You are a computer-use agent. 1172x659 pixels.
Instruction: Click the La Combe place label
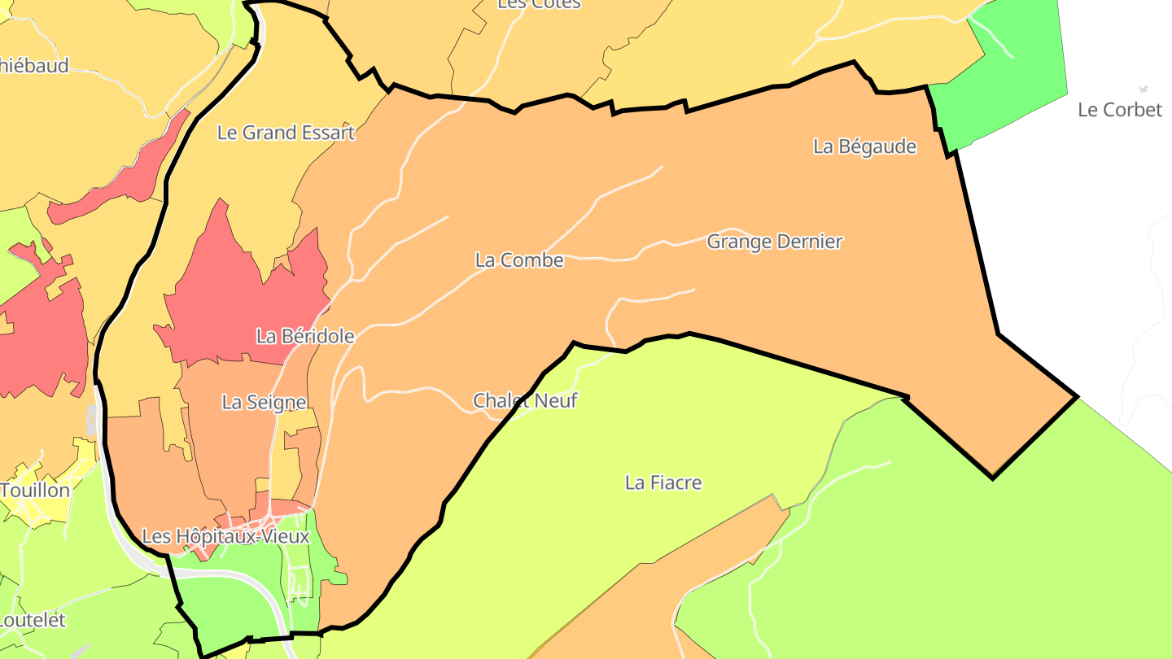pyautogui.click(x=519, y=260)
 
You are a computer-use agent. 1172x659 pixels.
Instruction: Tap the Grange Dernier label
pyautogui.click(x=774, y=242)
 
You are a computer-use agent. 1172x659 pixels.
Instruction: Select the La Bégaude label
pyautogui.click(x=864, y=146)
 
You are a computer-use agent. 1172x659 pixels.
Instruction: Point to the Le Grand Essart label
pyautogui.click(x=286, y=133)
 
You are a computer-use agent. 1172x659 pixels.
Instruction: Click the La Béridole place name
pyautogui.click(x=305, y=336)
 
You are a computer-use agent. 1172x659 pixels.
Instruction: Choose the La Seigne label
pyautogui.click(x=264, y=402)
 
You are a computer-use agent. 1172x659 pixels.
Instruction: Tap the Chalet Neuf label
pyautogui.click(x=525, y=400)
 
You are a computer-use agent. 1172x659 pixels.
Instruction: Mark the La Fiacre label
pyautogui.click(x=663, y=482)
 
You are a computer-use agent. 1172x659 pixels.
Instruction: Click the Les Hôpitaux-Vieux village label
pyautogui.click(x=225, y=537)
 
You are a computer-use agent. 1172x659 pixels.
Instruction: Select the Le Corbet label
pyautogui.click(x=1119, y=110)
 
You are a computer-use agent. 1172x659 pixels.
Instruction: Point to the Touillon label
pyautogui.click(x=35, y=491)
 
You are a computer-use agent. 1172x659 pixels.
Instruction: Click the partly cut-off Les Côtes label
pyautogui.click(x=539, y=5)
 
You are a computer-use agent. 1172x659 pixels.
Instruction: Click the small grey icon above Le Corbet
pyautogui.click(x=1143, y=89)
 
